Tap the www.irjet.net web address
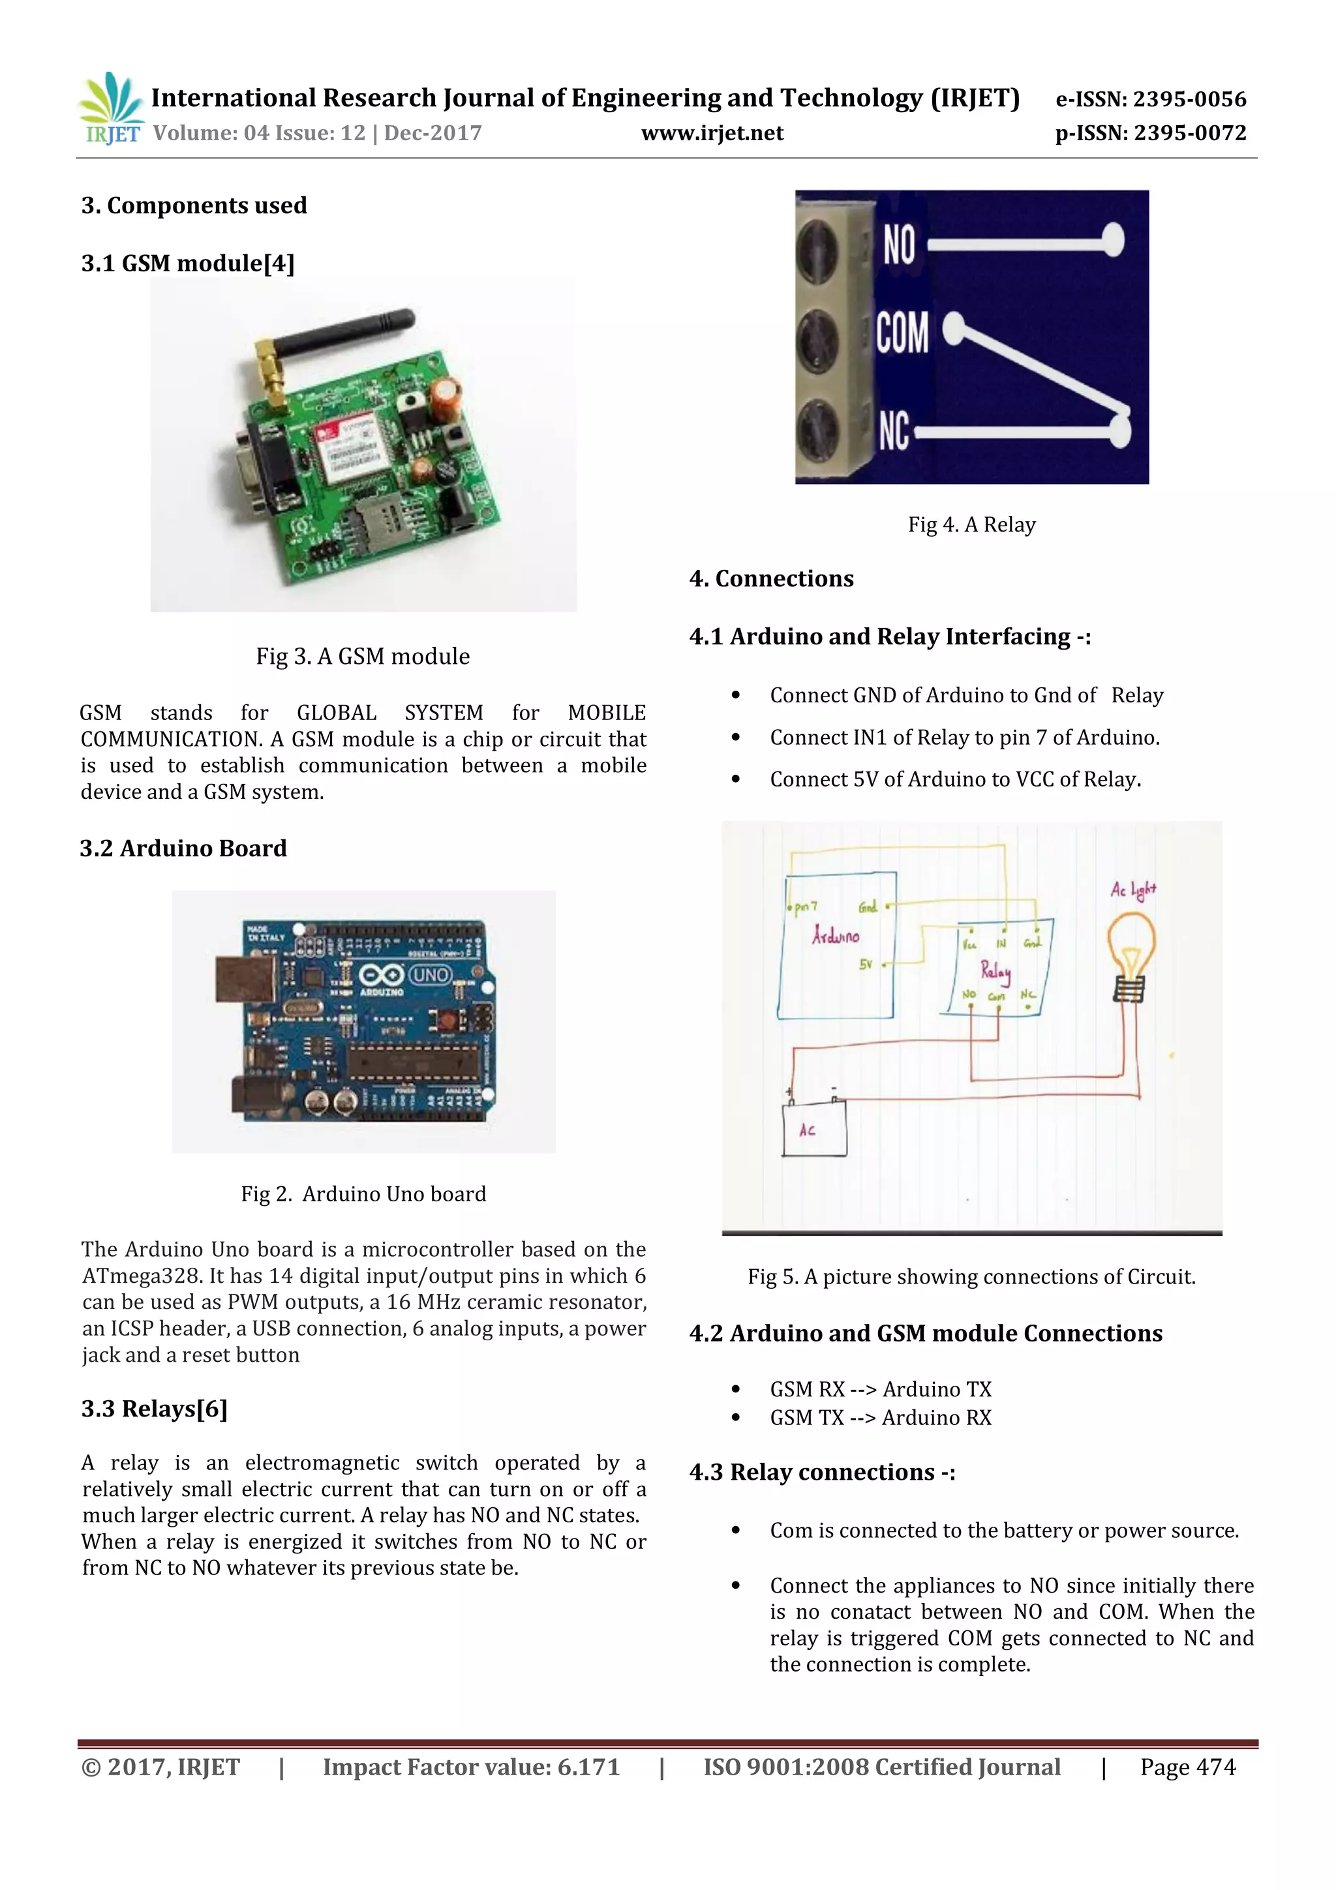pos(712,133)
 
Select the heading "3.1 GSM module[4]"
pos(188,263)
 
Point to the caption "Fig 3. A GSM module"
pos(363,656)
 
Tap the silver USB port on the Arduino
pos(245,979)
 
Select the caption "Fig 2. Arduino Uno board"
pos(363,1193)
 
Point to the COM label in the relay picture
pos(902,333)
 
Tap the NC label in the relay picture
pos(893,430)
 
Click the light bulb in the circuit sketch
pos(1131,955)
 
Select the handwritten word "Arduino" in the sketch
pos(835,936)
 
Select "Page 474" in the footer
pos(1187,1767)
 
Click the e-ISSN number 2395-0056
pos(1189,100)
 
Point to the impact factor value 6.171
pos(588,1767)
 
